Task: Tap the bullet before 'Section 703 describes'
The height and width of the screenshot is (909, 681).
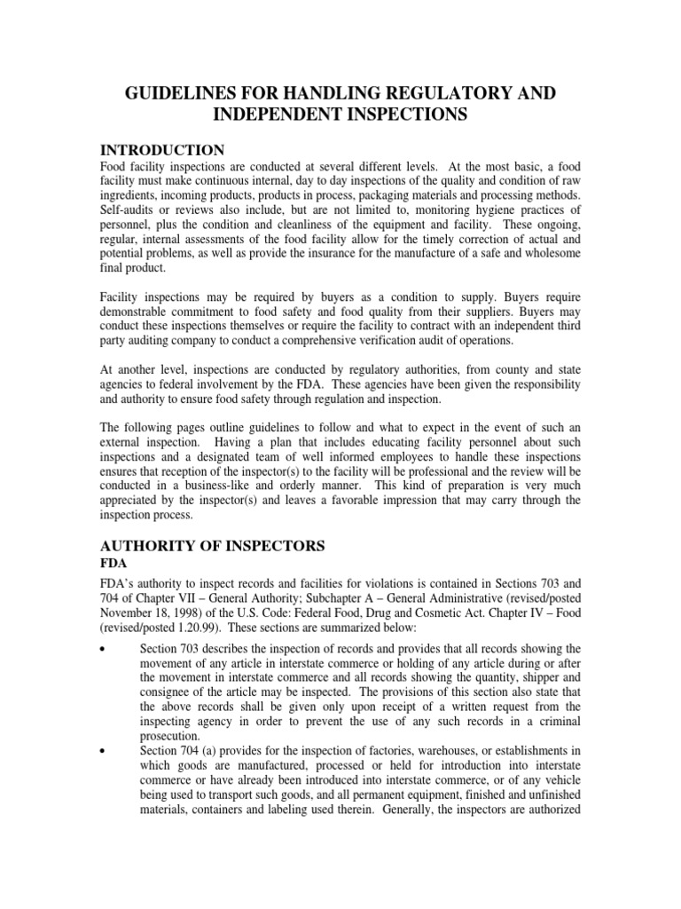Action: coord(104,650)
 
